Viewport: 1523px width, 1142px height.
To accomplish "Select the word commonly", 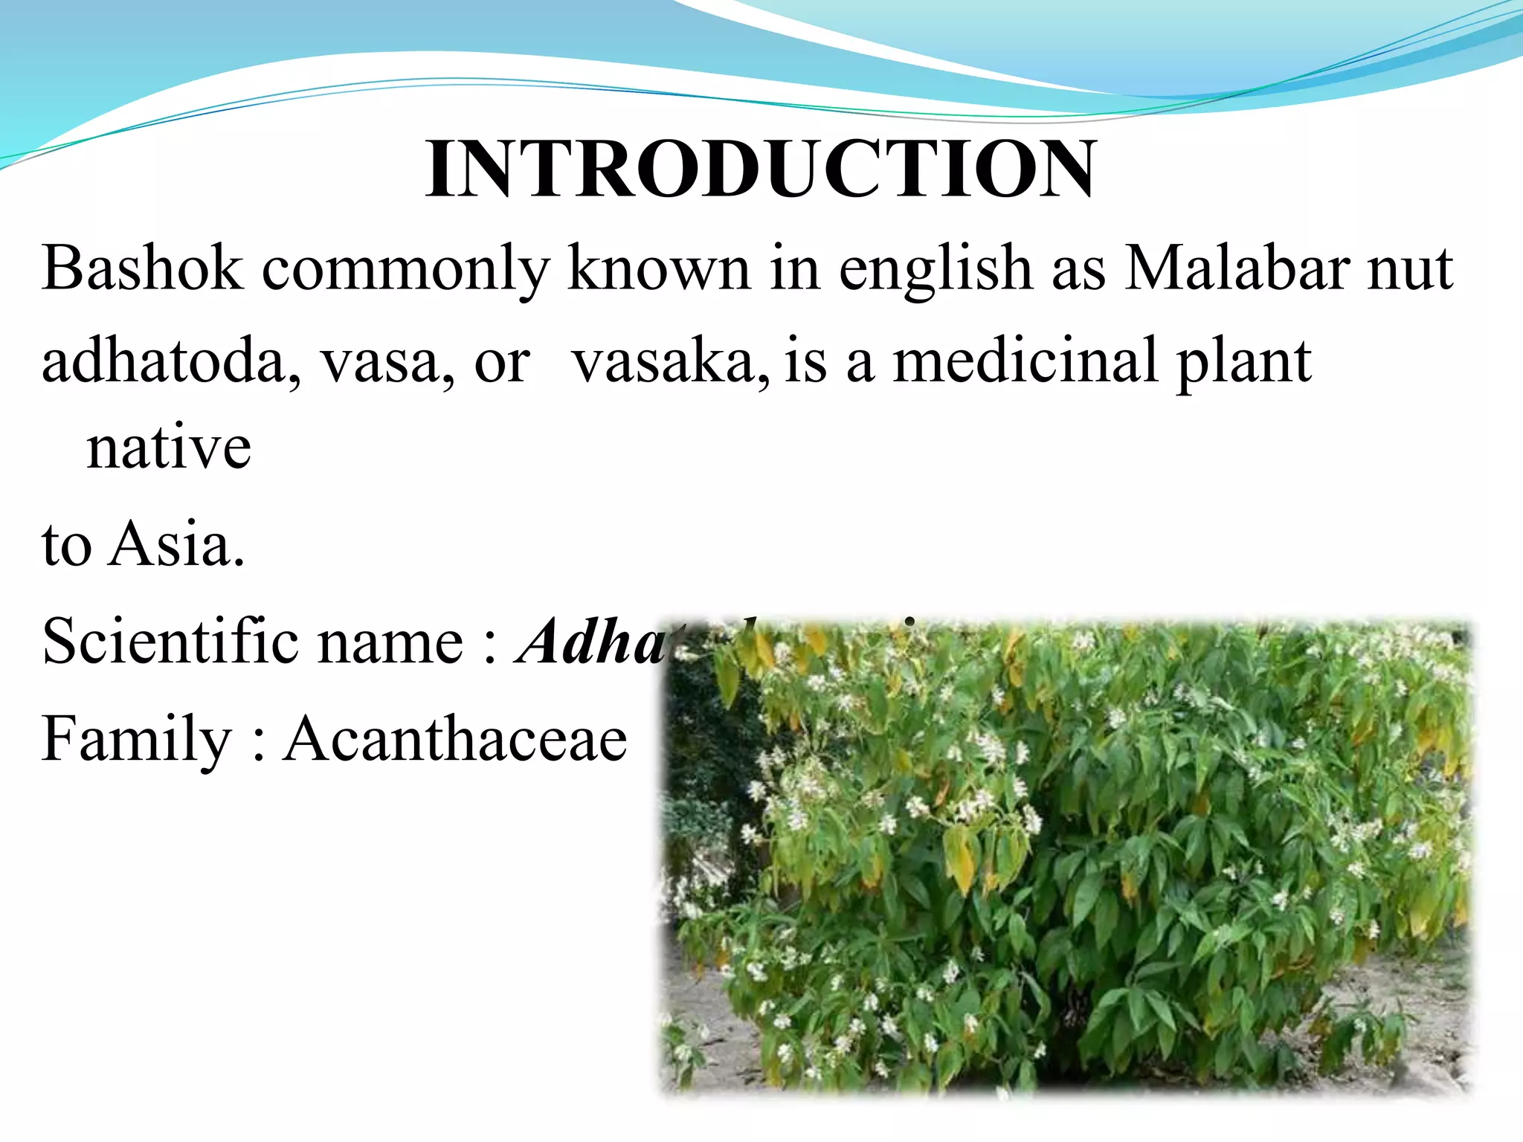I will [x=405, y=269].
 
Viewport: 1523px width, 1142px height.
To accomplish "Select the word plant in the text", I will [x=1244, y=362].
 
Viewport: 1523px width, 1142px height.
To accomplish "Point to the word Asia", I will [x=176, y=544].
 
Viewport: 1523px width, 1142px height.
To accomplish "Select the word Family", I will [x=137, y=741].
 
